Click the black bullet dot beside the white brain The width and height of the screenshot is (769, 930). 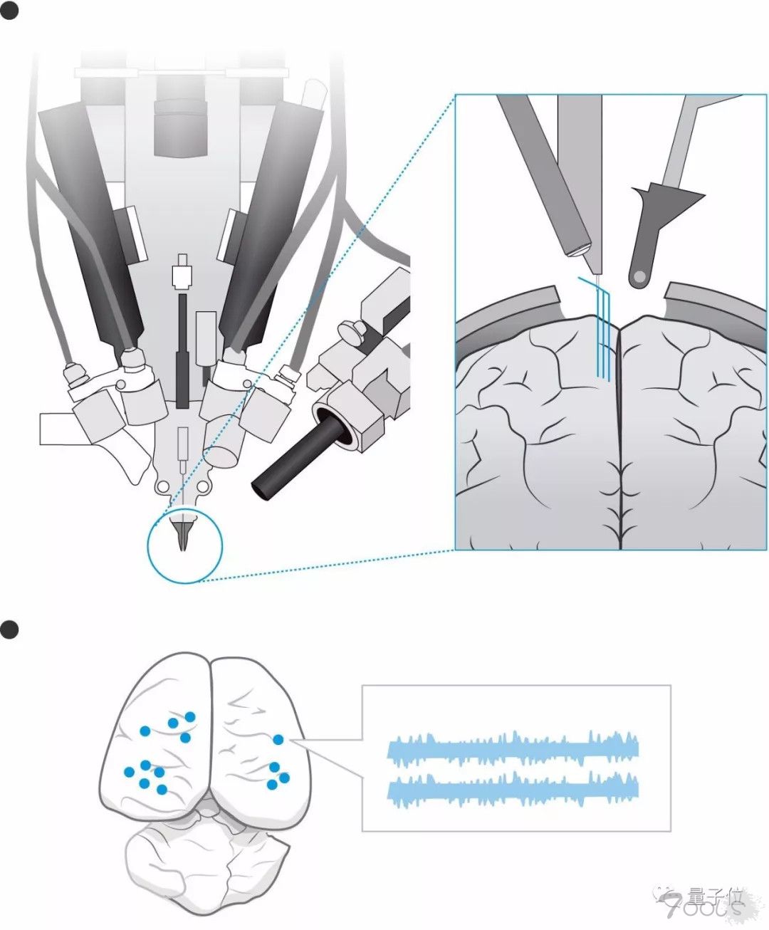pos(9,629)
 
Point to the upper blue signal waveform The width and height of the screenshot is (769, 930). pos(513,748)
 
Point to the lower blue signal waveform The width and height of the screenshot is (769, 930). pos(513,789)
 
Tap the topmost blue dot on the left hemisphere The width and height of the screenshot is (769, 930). pos(189,716)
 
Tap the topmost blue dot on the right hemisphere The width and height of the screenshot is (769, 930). pos(279,741)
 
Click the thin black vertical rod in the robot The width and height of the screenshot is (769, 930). pos(182,349)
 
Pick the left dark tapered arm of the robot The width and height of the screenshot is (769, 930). pos(93,221)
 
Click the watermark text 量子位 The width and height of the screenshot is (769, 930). pos(716,894)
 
